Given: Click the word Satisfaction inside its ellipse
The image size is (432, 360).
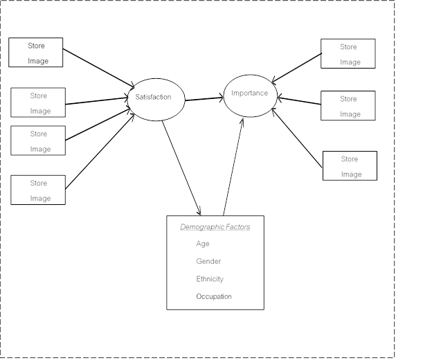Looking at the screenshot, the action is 153,97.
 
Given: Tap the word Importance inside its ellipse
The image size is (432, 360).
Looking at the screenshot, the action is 250,93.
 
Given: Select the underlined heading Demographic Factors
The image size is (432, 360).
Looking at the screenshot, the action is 215,227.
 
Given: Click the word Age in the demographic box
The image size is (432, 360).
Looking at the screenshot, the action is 203,244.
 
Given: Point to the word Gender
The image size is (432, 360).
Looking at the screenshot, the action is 208,261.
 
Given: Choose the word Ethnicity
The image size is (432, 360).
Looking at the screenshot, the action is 210,279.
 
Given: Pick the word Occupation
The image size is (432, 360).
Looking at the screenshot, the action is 214,296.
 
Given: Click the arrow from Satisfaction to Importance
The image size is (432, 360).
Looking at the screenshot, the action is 204,99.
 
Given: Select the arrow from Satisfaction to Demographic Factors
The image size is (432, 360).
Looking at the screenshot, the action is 181,168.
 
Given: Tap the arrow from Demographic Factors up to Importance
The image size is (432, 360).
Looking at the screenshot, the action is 233,166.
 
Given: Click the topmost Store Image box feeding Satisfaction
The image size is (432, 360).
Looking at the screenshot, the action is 36,53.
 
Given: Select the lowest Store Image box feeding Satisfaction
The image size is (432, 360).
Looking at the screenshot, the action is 38,190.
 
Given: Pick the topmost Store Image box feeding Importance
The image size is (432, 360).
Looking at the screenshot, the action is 348,53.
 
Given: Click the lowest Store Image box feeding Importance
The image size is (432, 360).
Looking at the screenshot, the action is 350,166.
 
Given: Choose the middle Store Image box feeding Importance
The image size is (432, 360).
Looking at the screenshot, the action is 348,105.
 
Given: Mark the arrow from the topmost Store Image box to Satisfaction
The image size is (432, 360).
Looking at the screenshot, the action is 98,69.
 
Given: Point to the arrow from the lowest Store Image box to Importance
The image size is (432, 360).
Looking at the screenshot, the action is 297,138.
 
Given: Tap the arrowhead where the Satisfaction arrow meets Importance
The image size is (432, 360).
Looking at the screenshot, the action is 222,98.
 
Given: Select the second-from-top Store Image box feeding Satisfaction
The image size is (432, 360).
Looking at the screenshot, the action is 38,102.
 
